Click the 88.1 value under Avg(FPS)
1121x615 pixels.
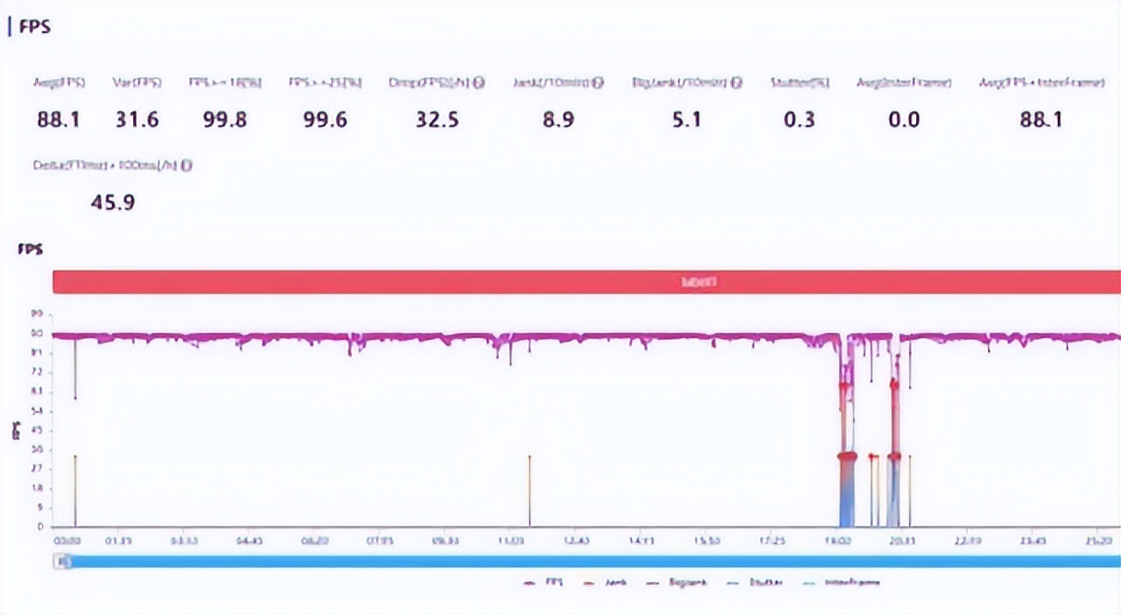pos(59,120)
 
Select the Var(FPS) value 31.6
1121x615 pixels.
pos(137,120)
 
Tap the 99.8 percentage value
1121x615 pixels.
pos(225,120)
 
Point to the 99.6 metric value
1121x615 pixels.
pos(325,120)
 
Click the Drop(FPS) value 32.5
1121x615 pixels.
pos(437,120)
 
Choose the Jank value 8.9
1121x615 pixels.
pos(558,120)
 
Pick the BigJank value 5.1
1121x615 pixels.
pos(687,120)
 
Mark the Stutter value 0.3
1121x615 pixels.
pos(799,120)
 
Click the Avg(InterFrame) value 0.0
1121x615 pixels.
pos(904,120)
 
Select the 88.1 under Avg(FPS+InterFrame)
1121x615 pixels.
pos(1040,120)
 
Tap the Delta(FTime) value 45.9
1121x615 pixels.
pos(113,203)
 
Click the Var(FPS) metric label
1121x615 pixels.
pos(137,83)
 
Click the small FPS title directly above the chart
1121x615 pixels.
pos(31,250)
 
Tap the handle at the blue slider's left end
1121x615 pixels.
pos(61,562)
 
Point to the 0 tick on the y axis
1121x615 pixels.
pos(39,527)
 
